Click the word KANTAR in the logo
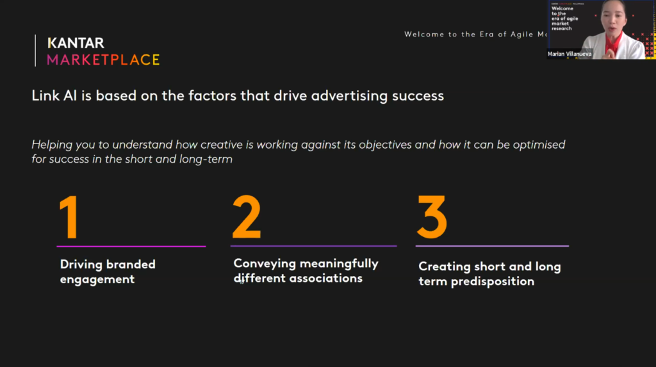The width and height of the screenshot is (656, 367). pos(76,43)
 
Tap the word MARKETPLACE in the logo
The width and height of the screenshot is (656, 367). pos(103,60)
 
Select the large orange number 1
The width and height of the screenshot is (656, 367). pos(69,218)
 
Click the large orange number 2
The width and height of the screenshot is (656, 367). pos(247,217)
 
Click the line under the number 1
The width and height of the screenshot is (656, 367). pos(131,246)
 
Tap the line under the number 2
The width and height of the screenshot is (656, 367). pos(313,245)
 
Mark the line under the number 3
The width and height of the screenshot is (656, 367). pos(492,246)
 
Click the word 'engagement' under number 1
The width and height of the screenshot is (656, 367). pos(97,279)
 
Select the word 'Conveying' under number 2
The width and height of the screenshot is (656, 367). pos(263,263)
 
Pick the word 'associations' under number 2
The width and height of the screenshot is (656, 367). pos(326,278)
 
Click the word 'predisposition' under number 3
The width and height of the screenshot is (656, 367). pos(493,281)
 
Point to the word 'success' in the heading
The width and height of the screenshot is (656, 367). pos(419,96)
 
